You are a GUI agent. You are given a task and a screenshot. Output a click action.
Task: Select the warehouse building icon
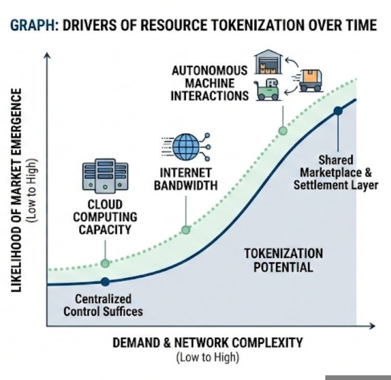coord(269,63)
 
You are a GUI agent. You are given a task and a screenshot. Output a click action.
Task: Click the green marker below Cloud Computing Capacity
coord(105,263)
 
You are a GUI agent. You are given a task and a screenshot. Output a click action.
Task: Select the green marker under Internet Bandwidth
coord(186,230)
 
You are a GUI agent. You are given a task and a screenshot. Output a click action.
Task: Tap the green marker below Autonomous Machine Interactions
coord(283,130)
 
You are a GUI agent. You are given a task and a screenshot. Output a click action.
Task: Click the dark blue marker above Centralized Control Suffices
coord(105,281)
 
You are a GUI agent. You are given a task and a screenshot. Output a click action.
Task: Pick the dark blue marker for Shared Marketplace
coord(338,111)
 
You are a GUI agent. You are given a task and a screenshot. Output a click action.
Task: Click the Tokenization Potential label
coord(284,260)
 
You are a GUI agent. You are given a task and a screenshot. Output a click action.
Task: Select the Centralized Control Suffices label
coord(103,305)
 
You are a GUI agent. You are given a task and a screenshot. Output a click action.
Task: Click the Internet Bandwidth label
coord(186,179)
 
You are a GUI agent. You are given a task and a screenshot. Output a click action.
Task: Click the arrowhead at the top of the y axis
coord(47,55)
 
